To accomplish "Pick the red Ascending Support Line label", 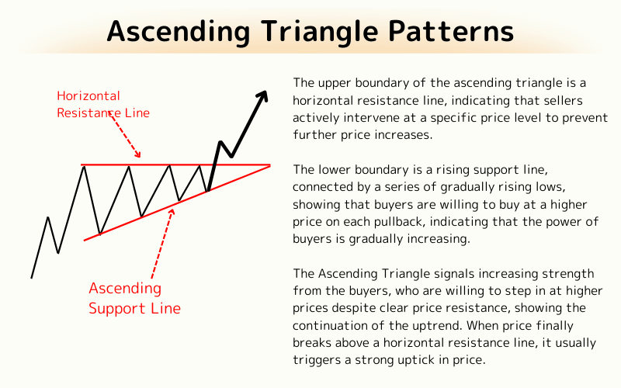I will point(134,298).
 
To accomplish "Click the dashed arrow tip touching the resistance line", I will point(139,157).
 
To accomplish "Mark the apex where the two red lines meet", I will point(269,165).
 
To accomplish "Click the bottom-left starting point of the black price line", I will point(32,277).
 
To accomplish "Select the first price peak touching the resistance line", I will point(84,166).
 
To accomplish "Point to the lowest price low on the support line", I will point(99,234).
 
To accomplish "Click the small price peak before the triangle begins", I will point(48,217).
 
